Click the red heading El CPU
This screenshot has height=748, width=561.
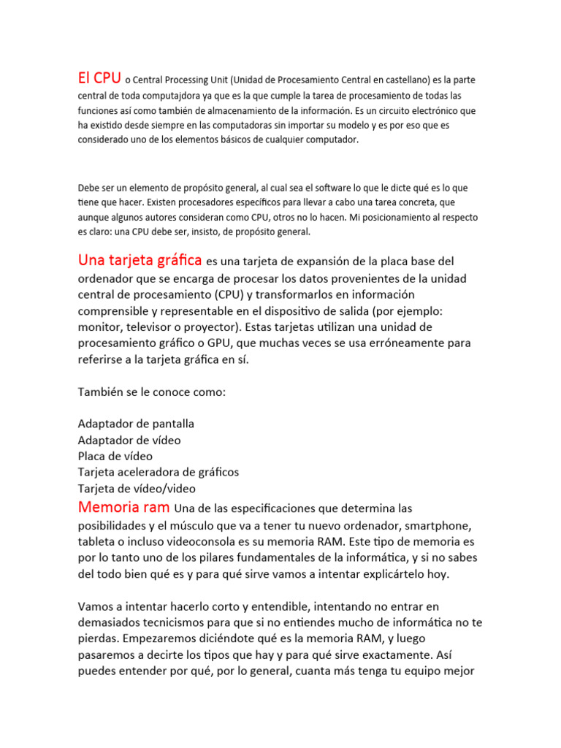tap(99, 77)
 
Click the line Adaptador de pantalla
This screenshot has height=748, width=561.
tap(136, 424)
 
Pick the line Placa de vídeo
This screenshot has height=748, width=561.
tap(115, 456)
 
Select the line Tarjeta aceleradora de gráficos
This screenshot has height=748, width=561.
tap(159, 472)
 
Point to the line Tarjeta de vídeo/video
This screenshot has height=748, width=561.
tap(137, 488)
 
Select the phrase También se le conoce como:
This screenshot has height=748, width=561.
tap(152, 392)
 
